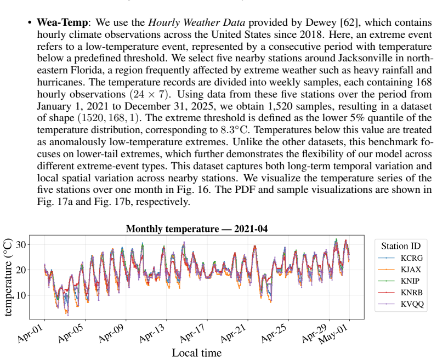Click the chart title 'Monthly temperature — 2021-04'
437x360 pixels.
[x=197, y=229]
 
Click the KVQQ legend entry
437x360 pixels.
[x=401, y=304]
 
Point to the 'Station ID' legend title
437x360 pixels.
[x=401, y=246]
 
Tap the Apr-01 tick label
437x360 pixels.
[x=31, y=333]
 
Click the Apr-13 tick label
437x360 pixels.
[x=152, y=333]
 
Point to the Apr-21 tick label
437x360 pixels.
[x=234, y=333]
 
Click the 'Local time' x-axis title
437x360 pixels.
[x=197, y=353]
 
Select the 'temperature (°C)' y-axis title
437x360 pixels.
[x=8, y=277]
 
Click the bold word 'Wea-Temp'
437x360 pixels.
[x=63, y=22]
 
